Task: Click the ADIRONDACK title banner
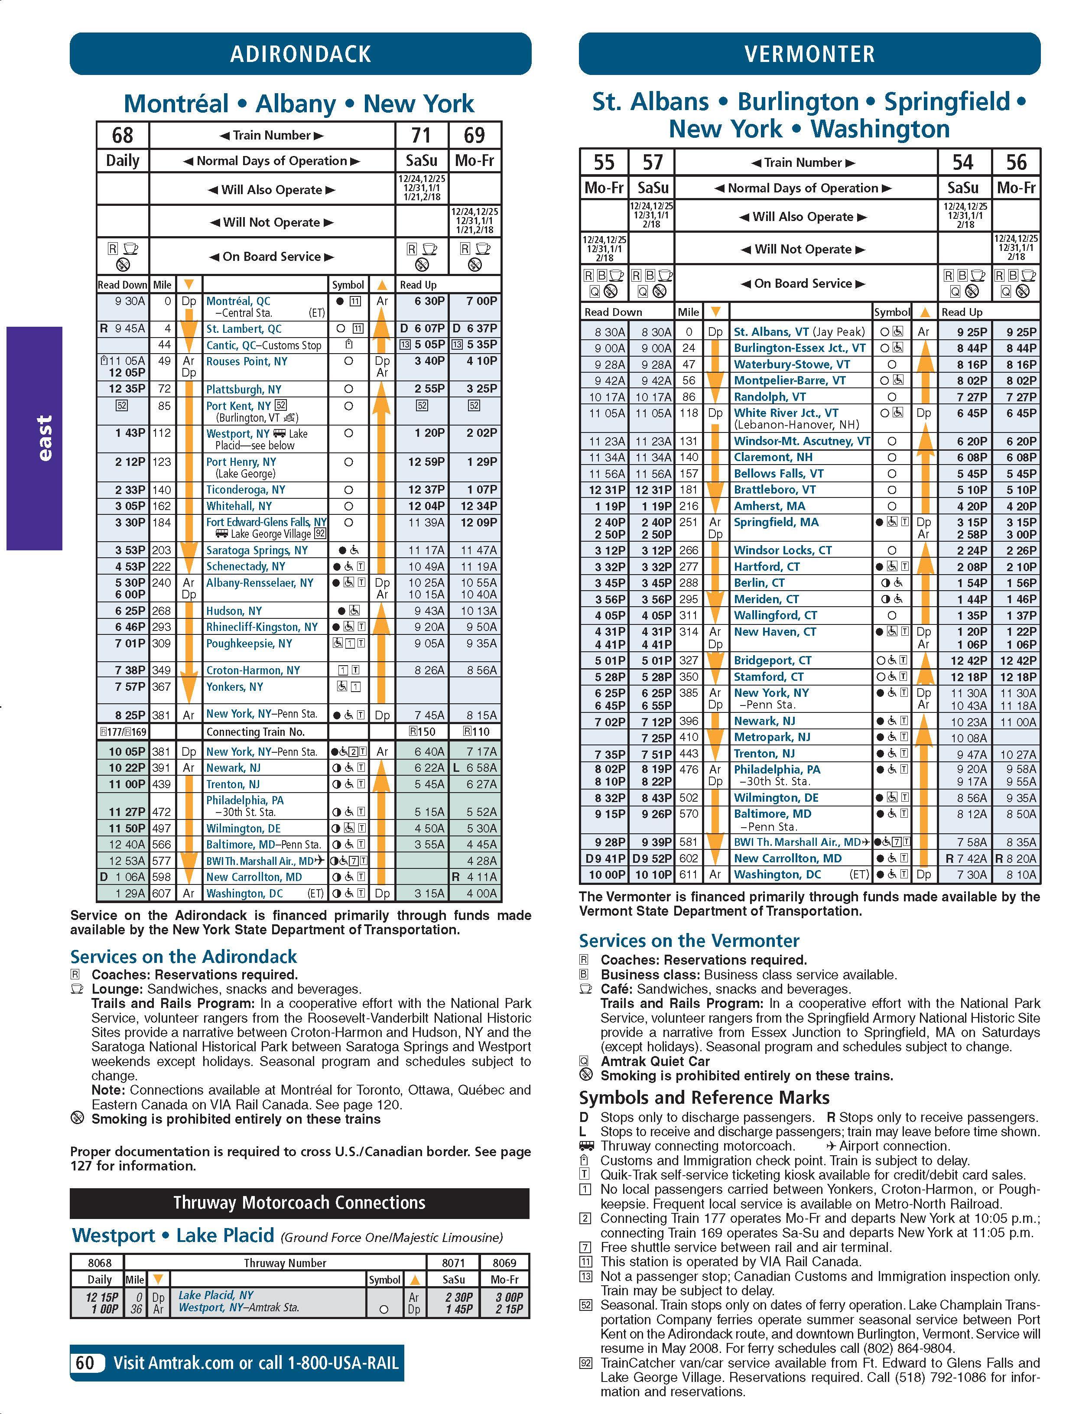[300, 54]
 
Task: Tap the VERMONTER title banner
[809, 54]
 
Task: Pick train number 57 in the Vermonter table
[652, 163]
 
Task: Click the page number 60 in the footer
[85, 1363]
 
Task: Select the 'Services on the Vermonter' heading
[689, 941]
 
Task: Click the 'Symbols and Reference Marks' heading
[704, 1098]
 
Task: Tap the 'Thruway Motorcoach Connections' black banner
[299, 1203]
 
